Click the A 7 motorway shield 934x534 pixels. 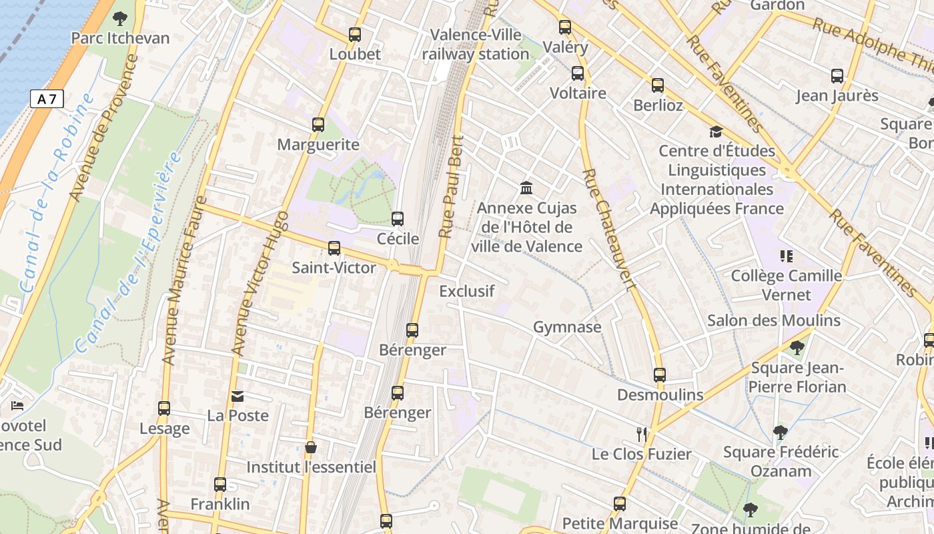(47, 99)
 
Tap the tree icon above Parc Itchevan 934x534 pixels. (120, 18)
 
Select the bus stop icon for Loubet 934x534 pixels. (355, 35)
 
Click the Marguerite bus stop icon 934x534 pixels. (318, 125)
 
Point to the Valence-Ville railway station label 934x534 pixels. (476, 44)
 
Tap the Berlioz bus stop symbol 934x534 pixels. (658, 85)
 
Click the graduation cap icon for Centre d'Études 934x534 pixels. (716, 131)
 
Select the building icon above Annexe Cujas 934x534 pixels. (526, 188)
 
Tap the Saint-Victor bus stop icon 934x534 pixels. (334, 248)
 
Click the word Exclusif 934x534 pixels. (467, 291)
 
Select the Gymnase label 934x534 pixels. (567, 327)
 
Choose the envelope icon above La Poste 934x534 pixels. (238, 396)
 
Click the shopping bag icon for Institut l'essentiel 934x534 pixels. (310, 447)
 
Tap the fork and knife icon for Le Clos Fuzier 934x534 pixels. (642, 435)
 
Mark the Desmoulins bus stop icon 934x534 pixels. (660, 375)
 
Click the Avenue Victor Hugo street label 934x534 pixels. (259, 283)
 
